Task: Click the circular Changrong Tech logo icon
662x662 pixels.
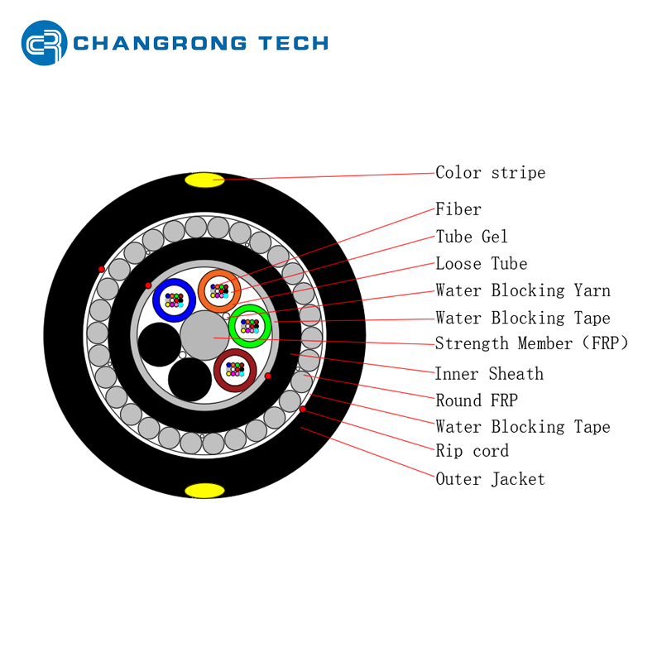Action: [x=44, y=43]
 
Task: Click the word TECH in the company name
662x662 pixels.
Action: [x=294, y=43]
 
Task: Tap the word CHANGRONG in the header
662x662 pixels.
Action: [x=160, y=43]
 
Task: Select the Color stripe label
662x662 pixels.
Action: [x=490, y=173]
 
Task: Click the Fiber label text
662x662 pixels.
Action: [x=458, y=209]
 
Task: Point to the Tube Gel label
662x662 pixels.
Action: [x=471, y=237]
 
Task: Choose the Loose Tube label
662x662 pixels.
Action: [x=482, y=263]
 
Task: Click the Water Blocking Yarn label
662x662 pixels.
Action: [x=523, y=290]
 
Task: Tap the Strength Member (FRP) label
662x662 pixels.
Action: [x=531, y=343]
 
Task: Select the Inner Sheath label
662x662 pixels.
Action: [x=489, y=374]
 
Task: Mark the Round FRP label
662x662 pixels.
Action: [x=477, y=401]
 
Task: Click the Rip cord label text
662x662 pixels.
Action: [x=472, y=451]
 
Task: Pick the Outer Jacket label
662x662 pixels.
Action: [x=490, y=479]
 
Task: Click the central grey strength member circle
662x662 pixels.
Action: [x=204, y=336]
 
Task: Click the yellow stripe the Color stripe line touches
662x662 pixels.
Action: [x=204, y=180]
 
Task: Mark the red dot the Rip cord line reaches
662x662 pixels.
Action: [x=303, y=409]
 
